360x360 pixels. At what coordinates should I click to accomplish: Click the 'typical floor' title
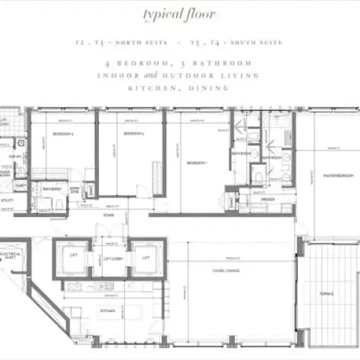click(x=180, y=14)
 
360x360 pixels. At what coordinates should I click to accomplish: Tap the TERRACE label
click(x=327, y=294)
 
